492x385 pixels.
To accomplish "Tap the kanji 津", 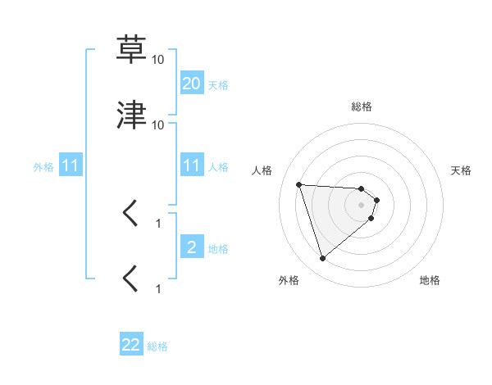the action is [131, 115].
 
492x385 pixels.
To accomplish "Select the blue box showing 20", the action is [191, 84].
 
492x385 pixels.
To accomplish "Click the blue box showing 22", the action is [131, 345].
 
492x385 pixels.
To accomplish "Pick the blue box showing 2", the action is [191, 247].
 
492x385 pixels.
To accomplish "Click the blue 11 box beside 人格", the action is [191, 165].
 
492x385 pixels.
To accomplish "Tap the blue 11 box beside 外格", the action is [71, 165].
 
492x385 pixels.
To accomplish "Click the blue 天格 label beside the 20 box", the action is [218, 84].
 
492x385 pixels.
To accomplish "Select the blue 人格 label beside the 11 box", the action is [218, 166].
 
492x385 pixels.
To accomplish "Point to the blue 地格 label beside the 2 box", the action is [218, 248].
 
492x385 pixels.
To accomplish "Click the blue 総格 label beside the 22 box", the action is [157, 346].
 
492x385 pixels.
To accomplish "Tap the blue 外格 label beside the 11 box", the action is [43, 166].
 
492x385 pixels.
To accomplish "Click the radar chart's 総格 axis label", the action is [362, 106].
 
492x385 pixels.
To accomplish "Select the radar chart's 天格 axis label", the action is [462, 170].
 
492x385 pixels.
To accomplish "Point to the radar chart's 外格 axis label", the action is [289, 280].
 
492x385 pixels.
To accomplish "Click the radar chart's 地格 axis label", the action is [430, 280].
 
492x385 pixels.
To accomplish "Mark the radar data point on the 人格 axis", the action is [299, 184].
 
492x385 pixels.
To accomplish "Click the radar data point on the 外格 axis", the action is [322, 258].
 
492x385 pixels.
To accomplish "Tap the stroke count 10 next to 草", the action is [158, 60].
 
